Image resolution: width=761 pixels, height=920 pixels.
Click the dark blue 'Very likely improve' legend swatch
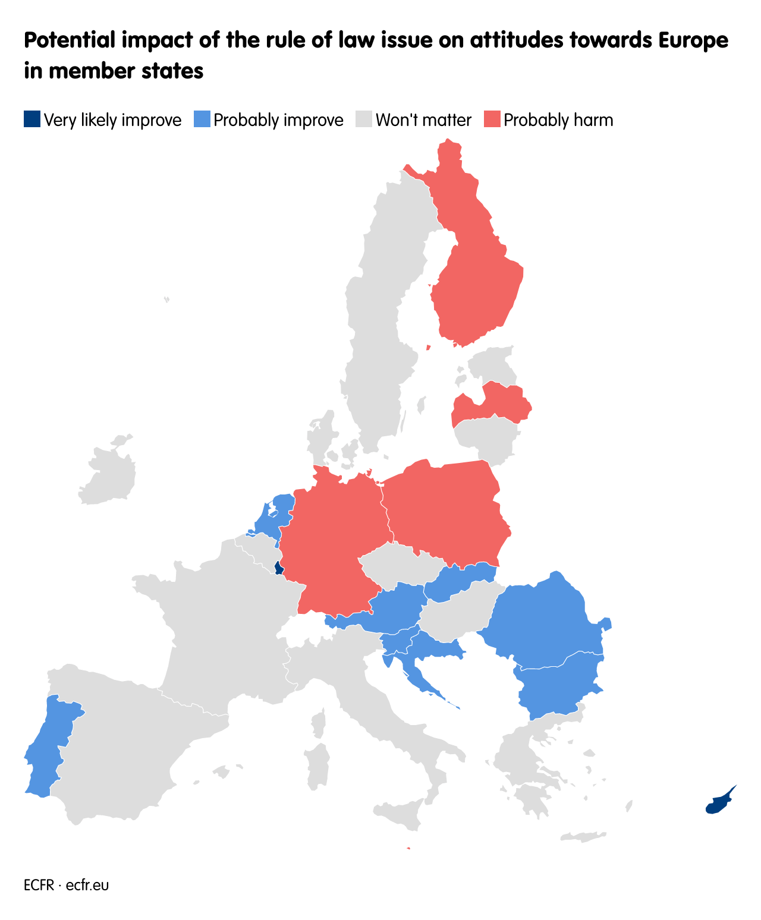32,119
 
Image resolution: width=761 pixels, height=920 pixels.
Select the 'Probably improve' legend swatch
202,119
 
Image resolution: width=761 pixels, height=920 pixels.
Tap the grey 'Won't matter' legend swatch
364,119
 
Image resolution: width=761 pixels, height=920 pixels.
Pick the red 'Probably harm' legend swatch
492,119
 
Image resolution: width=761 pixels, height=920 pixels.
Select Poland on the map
446,511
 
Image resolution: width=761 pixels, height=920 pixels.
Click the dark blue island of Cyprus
716,804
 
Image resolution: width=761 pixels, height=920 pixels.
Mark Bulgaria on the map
559,683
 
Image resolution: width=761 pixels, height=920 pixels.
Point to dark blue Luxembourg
278,568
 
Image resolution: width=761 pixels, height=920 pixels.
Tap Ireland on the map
110,475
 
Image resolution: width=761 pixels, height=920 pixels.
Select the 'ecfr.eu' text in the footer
87,885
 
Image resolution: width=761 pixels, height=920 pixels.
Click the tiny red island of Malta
408,849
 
